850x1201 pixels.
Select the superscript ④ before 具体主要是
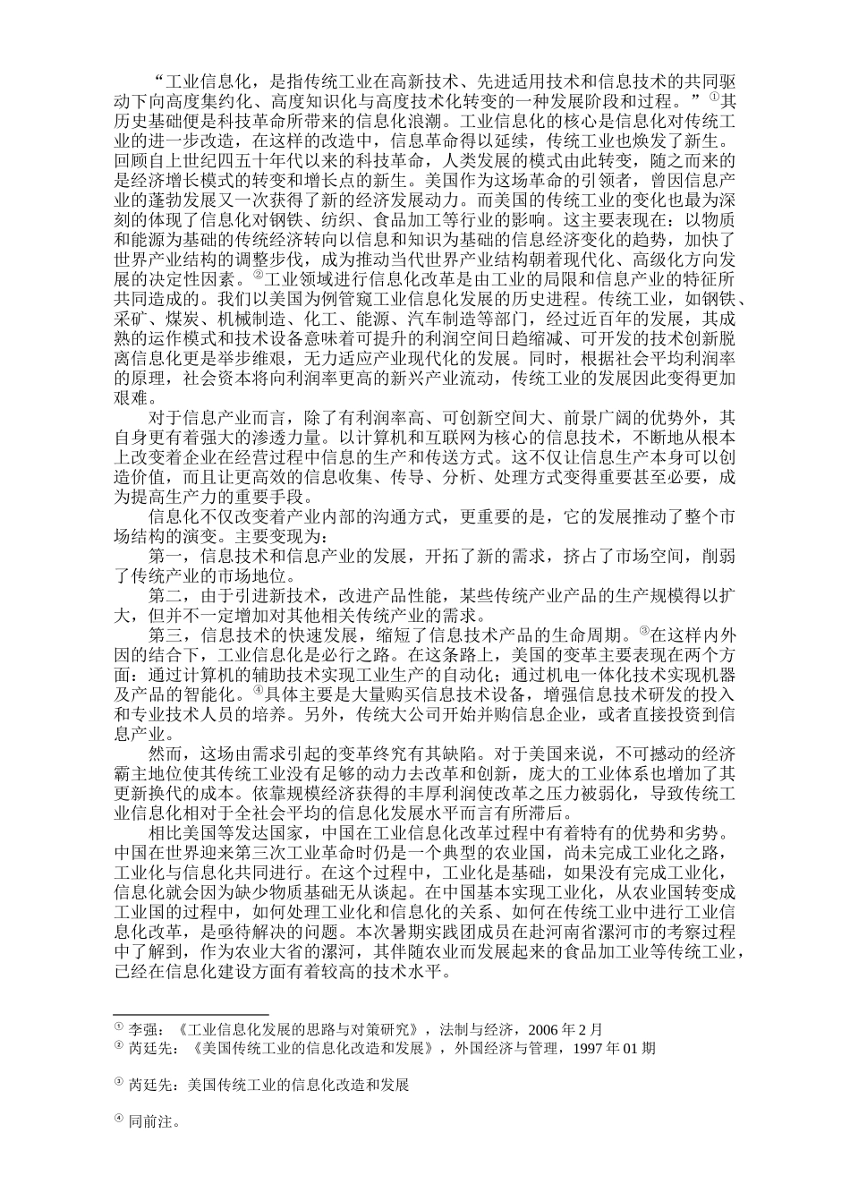[x=257, y=691]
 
